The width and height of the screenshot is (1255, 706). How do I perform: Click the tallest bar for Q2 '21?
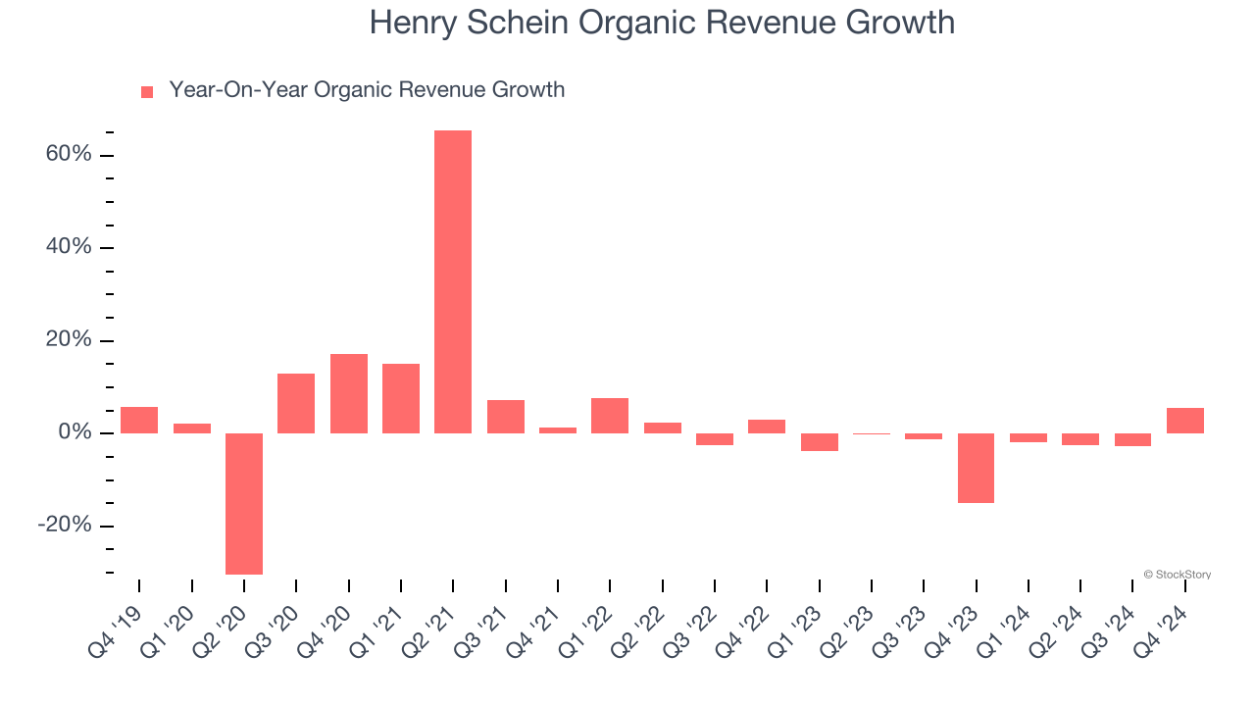coord(453,281)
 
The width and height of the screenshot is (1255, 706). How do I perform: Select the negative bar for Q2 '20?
coord(244,503)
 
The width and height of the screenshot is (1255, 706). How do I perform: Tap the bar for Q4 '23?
coord(976,468)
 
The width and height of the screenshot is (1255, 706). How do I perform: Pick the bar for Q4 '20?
coord(348,393)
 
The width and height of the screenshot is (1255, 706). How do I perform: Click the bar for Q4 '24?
coord(1184,421)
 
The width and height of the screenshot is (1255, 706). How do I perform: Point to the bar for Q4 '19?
coord(139,420)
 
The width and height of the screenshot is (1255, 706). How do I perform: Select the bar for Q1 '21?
coord(401,398)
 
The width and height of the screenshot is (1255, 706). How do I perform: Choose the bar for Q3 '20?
coord(296,403)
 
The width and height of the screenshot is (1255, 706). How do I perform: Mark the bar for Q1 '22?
coord(610,416)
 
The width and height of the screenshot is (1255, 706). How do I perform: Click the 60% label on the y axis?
coord(69,155)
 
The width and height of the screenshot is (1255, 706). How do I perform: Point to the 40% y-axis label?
coord(69,247)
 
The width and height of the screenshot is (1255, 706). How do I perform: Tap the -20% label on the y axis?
coord(65,526)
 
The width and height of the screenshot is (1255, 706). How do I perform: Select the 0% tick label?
coord(75,432)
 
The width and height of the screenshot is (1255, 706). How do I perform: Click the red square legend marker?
coord(147,92)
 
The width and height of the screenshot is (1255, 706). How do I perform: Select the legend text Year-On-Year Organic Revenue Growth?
coord(367,90)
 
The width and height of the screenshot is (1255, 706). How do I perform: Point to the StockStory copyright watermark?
coord(1177,575)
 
